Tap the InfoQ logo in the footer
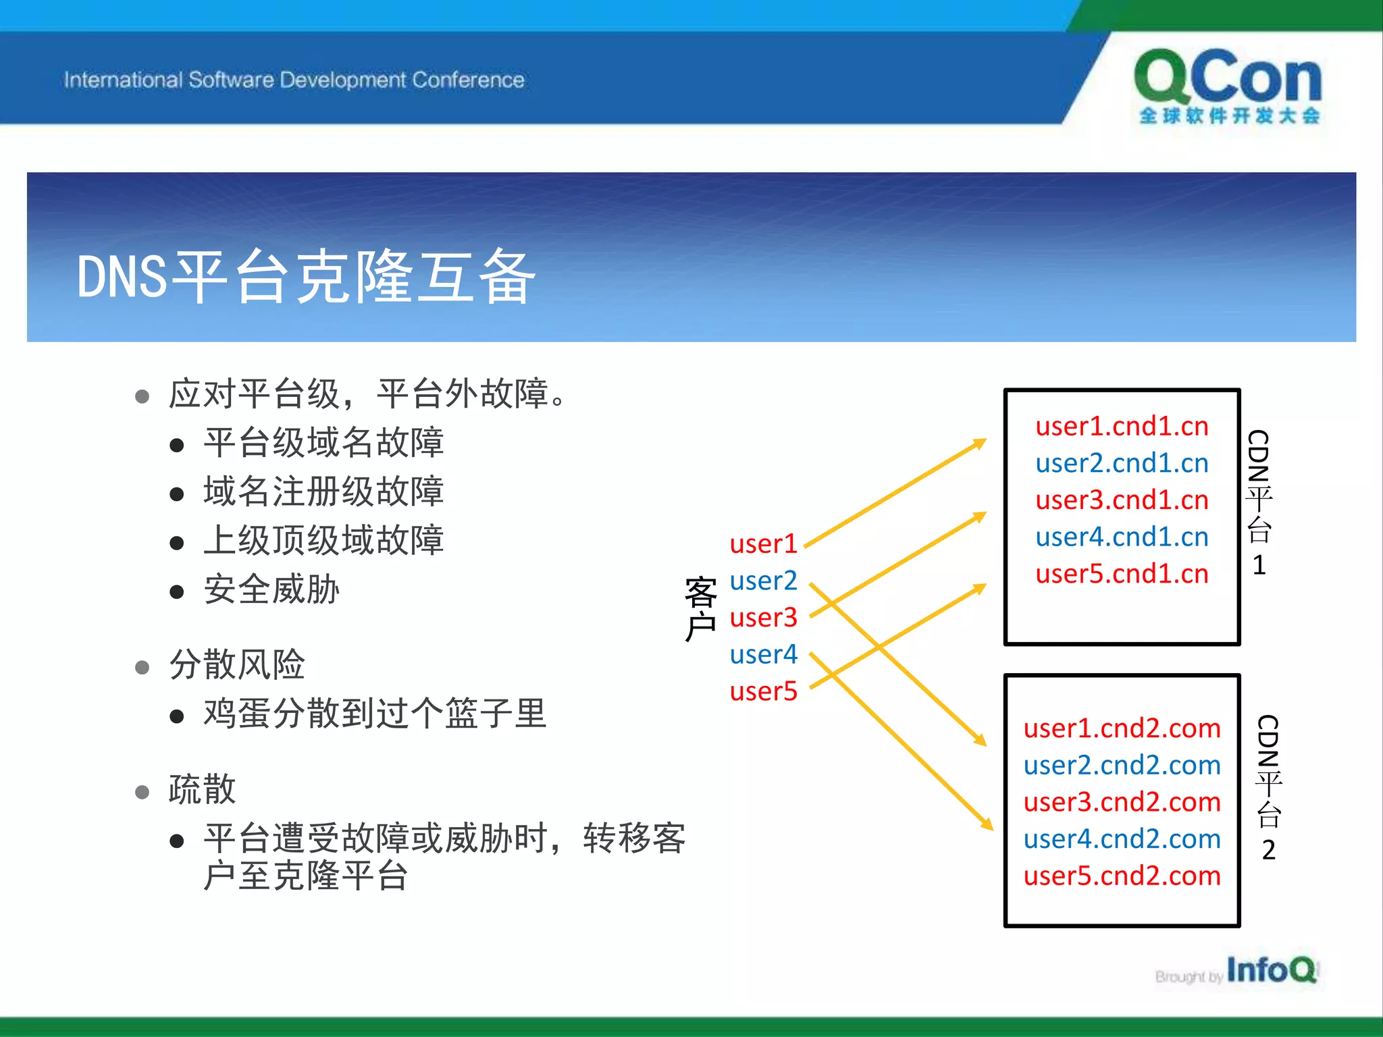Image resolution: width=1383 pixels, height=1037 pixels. [1270, 970]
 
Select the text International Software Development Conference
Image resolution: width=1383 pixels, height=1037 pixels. [294, 80]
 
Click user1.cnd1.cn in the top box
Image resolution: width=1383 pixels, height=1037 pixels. [1122, 427]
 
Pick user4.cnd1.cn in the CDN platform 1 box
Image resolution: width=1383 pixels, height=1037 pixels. [1122, 537]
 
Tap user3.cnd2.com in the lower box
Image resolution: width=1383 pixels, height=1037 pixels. [1122, 802]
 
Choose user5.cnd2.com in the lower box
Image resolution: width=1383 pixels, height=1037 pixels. [1122, 876]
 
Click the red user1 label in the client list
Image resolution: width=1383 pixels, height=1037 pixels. [763, 544]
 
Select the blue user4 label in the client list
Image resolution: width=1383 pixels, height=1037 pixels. [763, 654]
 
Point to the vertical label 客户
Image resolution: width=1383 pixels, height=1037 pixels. [700, 610]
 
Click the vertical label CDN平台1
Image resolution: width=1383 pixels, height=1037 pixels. [1259, 502]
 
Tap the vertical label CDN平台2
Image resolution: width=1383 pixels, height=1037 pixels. [1268, 787]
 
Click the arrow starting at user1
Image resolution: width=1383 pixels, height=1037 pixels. [895, 494]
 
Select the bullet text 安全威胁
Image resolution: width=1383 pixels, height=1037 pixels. [271, 589]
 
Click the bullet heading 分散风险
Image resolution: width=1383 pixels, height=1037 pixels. [237, 664]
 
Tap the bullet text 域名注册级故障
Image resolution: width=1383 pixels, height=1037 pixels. [323, 491]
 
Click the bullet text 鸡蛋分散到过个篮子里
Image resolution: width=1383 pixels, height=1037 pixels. [375, 714]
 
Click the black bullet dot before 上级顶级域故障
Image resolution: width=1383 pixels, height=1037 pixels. [177, 543]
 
